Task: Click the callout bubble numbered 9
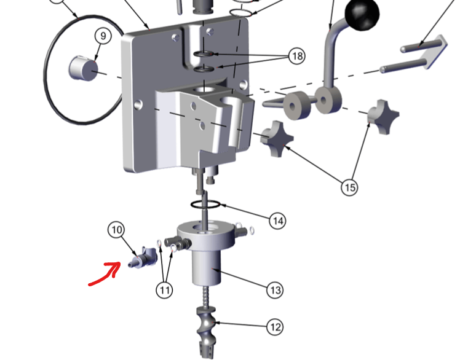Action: point(103,36)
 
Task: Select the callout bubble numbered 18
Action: point(297,56)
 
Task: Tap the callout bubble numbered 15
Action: point(349,187)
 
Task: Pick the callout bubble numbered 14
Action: point(277,221)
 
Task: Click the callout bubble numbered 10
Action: point(116,230)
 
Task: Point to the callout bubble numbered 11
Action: point(164,290)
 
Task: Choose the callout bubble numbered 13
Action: point(275,290)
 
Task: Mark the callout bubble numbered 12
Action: point(275,327)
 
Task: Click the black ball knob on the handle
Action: point(362,14)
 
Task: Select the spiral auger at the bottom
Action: point(205,331)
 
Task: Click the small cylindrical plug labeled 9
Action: point(83,68)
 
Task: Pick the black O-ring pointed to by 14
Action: point(205,205)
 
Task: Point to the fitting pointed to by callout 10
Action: point(143,258)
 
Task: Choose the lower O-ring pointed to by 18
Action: point(204,69)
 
